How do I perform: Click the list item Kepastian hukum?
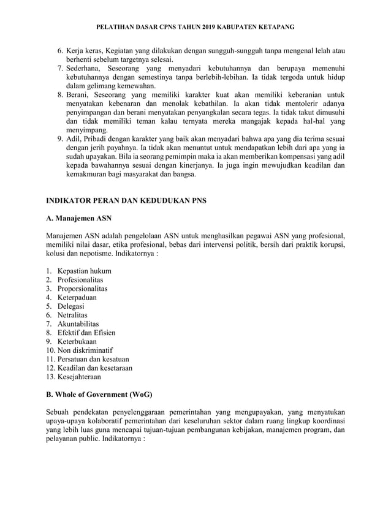85,271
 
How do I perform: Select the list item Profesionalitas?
82,279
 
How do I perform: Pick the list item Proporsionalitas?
83,289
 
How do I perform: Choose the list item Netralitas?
74,315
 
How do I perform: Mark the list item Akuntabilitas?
78,323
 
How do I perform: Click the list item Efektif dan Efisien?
86,333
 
